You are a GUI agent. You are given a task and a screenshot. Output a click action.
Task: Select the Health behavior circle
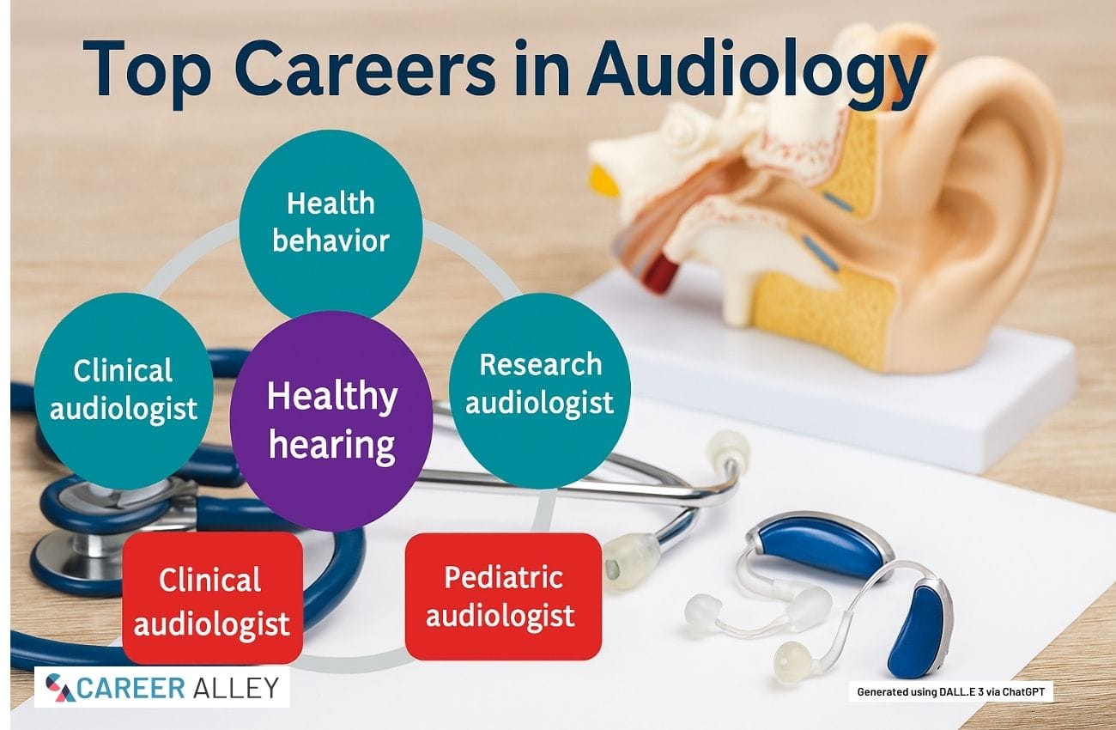tap(331, 223)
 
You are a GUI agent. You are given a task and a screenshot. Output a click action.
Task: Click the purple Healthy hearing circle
tap(331, 420)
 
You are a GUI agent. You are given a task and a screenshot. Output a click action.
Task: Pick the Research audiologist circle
tap(540, 391)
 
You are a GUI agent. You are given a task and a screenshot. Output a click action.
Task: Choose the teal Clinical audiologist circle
tap(124, 391)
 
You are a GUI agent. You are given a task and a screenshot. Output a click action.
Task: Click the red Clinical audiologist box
tap(213, 598)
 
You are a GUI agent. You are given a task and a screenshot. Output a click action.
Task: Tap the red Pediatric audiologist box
tap(503, 597)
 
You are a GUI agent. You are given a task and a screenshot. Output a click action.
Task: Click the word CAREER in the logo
tap(131, 689)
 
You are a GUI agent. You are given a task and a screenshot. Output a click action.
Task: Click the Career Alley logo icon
tap(60, 688)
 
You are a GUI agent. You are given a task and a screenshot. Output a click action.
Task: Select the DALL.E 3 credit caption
tap(950, 691)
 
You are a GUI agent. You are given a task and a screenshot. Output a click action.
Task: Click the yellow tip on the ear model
tap(603, 179)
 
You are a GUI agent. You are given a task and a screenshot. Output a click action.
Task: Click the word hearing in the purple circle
tap(332, 445)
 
